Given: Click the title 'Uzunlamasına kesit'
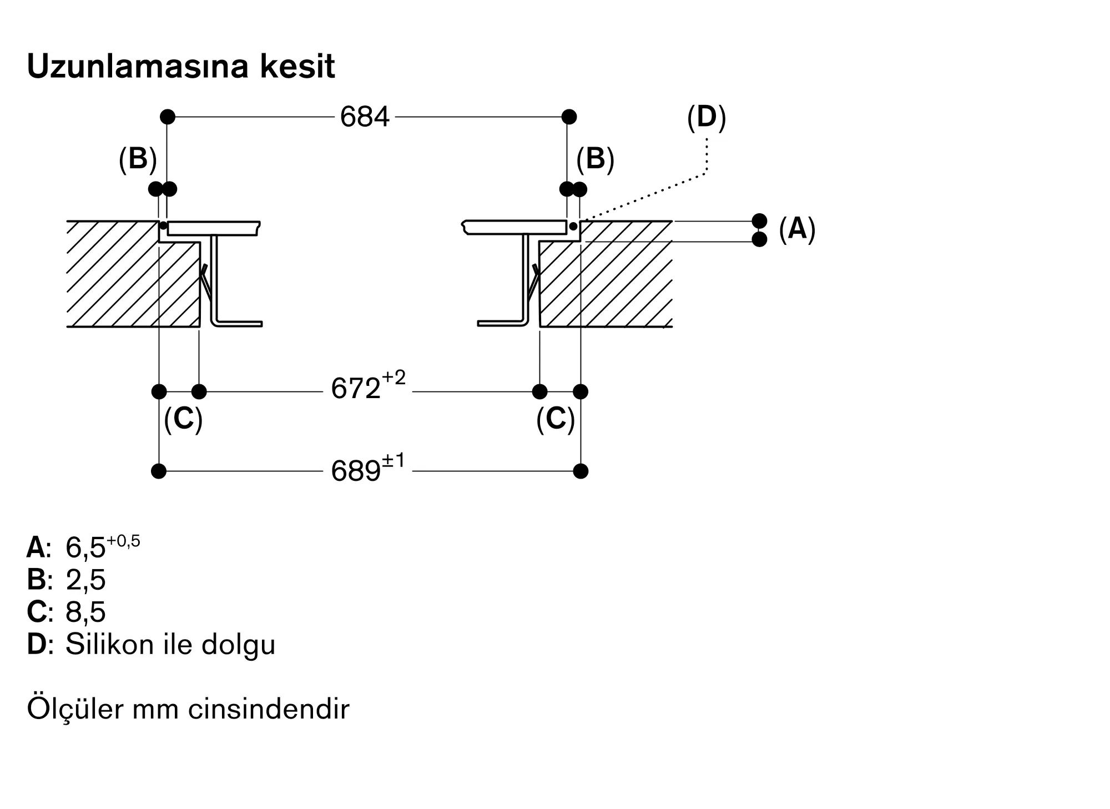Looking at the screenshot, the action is [x=181, y=67].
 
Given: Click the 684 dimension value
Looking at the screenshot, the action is [x=365, y=117].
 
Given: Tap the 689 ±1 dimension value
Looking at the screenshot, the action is [x=368, y=468].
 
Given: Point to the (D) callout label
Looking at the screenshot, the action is [x=707, y=118].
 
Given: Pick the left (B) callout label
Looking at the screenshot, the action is [x=138, y=159].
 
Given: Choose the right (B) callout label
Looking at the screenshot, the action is [x=595, y=159].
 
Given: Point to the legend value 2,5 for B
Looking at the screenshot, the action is [x=85, y=580].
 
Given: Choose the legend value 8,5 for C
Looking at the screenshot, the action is [x=85, y=612].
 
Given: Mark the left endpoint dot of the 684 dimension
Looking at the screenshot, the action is [x=168, y=117].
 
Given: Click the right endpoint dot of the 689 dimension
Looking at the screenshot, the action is [x=581, y=471].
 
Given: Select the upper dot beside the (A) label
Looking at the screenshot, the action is [x=759, y=221].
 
